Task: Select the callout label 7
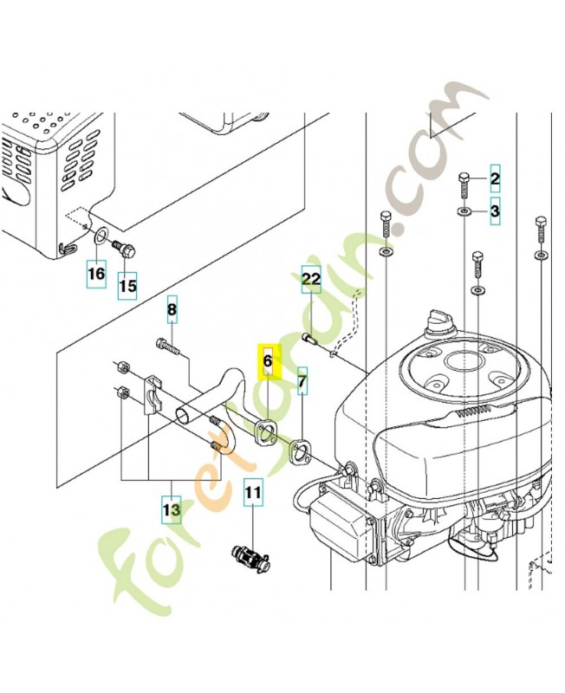click(302, 379)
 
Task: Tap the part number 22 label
click(311, 280)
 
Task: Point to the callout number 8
click(172, 310)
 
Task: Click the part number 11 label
click(252, 495)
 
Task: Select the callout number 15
click(127, 284)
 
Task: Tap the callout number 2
click(496, 180)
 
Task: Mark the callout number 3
click(496, 210)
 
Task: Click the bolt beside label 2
click(464, 185)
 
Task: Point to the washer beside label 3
click(464, 210)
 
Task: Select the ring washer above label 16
click(101, 236)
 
